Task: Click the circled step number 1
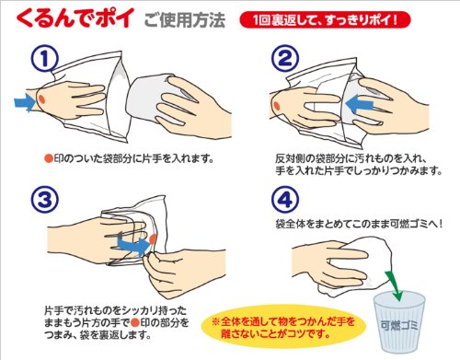pos(44,58)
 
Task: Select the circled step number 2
pos(285,58)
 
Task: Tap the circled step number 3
pos(44,200)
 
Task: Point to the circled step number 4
pos(285,200)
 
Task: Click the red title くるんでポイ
pos(75,18)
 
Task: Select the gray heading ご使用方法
pos(185,19)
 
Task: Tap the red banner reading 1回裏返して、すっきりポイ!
pos(325,19)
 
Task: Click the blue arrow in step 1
pos(25,102)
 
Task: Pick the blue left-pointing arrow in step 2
pos(360,104)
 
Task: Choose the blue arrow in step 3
pos(134,244)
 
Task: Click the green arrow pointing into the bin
pos(394,285)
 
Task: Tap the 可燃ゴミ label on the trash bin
pos(399,325)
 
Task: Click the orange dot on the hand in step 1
pos(42,99)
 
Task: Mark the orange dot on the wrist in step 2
pos(277,106)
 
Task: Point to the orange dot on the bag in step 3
pos(153,238)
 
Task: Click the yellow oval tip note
pos(283,327)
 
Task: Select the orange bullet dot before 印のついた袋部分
pos(49,158)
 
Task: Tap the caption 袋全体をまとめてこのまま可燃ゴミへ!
pos(359,224)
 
